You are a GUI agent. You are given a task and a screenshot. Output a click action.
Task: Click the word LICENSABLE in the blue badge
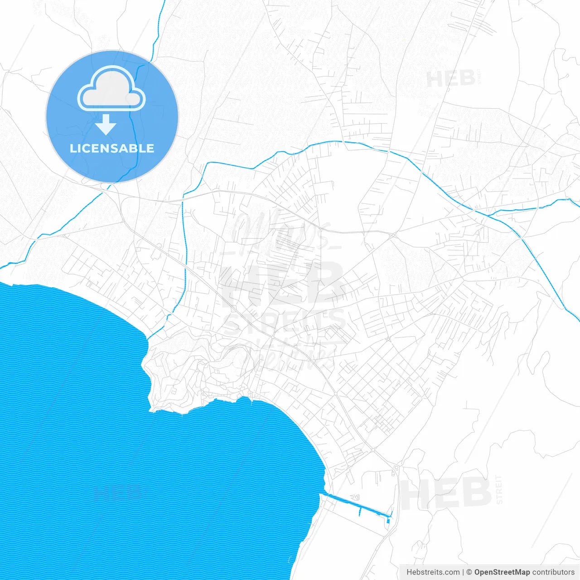(112, 149)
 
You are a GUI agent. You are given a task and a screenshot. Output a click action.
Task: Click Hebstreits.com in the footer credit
(433, 572)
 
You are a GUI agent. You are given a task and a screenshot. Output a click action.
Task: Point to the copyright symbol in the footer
(469, 572)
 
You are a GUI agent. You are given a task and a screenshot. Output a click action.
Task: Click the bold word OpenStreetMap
(502, 572)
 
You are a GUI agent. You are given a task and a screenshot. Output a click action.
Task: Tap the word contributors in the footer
(553, 572)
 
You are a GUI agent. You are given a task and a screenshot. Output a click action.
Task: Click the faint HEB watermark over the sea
(117, 493)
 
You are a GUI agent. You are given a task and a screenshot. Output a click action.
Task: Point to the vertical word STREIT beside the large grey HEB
(499, 489)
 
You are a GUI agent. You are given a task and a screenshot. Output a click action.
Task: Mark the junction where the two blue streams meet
(474, 210)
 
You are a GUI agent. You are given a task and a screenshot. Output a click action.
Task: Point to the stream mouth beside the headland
(149, 339)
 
